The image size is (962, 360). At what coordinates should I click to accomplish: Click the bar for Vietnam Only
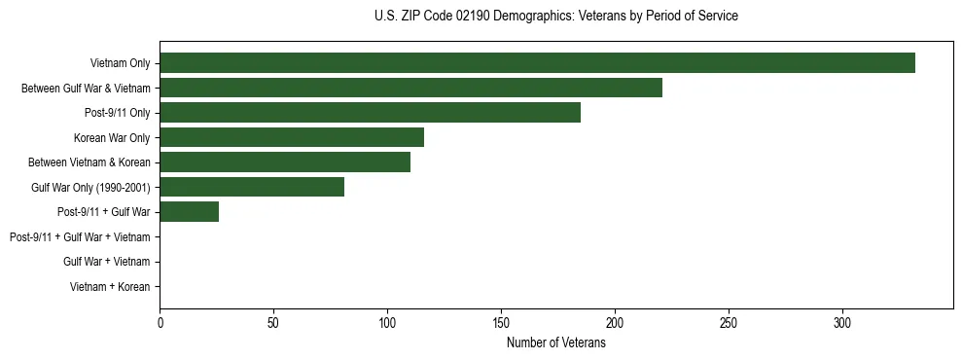[x=537, y=63]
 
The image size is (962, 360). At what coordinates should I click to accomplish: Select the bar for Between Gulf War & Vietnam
[x=410, y=88]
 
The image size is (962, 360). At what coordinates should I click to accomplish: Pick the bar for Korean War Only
[x=292, y=137]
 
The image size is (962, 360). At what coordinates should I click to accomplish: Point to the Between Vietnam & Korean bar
[x=285, y=162]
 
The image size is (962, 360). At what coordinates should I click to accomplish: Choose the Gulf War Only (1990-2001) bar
[x=252, y=187]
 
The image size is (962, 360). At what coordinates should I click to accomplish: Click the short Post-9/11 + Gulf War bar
[x=190, y=211]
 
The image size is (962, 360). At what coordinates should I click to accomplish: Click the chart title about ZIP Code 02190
[x=555, y=17]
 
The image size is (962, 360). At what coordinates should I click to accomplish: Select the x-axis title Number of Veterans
[x=555, y=343]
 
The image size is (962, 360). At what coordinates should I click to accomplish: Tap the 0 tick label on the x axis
[x=160, y=323]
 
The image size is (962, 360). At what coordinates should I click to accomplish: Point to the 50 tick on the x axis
[x=273, y=323]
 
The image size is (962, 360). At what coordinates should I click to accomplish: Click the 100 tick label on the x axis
[x=387, y=323]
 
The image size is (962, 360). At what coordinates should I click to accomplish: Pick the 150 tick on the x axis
[x=501, y=323]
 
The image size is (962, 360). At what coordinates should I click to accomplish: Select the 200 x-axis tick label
[x=615, y=323]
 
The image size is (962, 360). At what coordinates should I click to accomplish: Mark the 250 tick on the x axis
[x=729, y=323]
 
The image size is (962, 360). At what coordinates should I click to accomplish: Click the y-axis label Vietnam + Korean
[x=110, y=286]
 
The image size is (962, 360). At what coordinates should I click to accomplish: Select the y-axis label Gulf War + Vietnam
[x=106, y=262]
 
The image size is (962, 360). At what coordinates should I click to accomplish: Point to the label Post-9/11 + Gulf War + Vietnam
[x=80, y=236]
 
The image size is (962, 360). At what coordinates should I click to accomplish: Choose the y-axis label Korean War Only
[x=112, y=137]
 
